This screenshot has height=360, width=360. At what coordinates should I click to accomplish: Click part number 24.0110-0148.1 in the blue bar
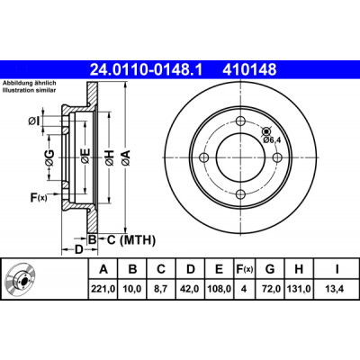coord(147,69)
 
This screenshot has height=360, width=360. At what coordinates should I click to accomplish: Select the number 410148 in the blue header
coord(249,69)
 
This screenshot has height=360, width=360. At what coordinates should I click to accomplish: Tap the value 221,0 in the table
coord(103,289)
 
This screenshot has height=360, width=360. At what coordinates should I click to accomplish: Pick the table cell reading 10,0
coord(132,289)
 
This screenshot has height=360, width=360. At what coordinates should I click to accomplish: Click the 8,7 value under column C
coord(161,289)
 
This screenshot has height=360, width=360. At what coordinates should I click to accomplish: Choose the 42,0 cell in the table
coord(190,289)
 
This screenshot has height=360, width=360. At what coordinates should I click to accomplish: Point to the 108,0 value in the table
coord(220,289)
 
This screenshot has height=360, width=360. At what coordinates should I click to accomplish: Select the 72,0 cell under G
coord(270,289)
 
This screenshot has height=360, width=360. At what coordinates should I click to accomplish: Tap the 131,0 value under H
coord(299,289)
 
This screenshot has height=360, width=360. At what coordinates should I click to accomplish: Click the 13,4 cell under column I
coord(337,289)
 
